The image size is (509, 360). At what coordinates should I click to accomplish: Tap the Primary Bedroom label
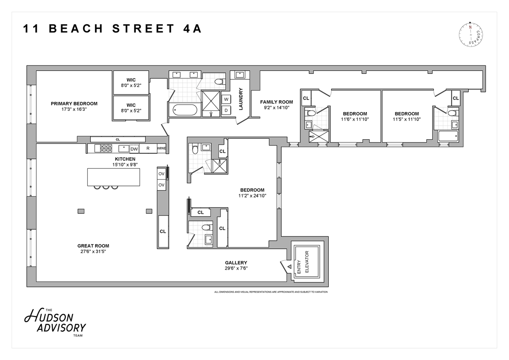click(x=74, y=104)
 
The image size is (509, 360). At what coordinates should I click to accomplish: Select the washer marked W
click(x=226, y=99)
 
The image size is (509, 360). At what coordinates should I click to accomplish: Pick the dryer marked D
click(x=226, y=110)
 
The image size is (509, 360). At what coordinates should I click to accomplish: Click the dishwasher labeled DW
click(x=134, y=149)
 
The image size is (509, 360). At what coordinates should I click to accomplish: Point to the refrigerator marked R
click(x=148, y=149)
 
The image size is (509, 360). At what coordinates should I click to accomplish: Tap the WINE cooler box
click(x=162, y=148)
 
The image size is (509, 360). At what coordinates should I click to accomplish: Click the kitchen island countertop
click(x=114, y=177)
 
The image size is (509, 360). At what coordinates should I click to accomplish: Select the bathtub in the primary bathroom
click(x=185, y=110)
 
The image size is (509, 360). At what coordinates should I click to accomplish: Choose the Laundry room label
click(x=241, y=99)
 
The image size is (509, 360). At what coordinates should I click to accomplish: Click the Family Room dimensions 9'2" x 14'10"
click(x=277, y=107)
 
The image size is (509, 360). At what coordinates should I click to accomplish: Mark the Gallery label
click(x=236, y=263)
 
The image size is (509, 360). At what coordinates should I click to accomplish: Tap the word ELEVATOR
click(x=307, y=262)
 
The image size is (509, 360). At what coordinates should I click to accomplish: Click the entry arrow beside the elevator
click(x=289, y=267)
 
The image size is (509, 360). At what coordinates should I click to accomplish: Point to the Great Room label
click(x=93, y=246)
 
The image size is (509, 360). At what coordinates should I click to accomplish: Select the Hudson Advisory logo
click(x=55, y=322)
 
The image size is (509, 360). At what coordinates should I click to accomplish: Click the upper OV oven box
click(x=161, y=174)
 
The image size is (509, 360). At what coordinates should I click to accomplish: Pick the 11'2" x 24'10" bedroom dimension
click(x=252, y=196)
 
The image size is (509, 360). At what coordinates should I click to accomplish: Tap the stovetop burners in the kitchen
click(x=106, y=148)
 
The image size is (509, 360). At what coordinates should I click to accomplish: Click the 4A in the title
click(x=192, y=28)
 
